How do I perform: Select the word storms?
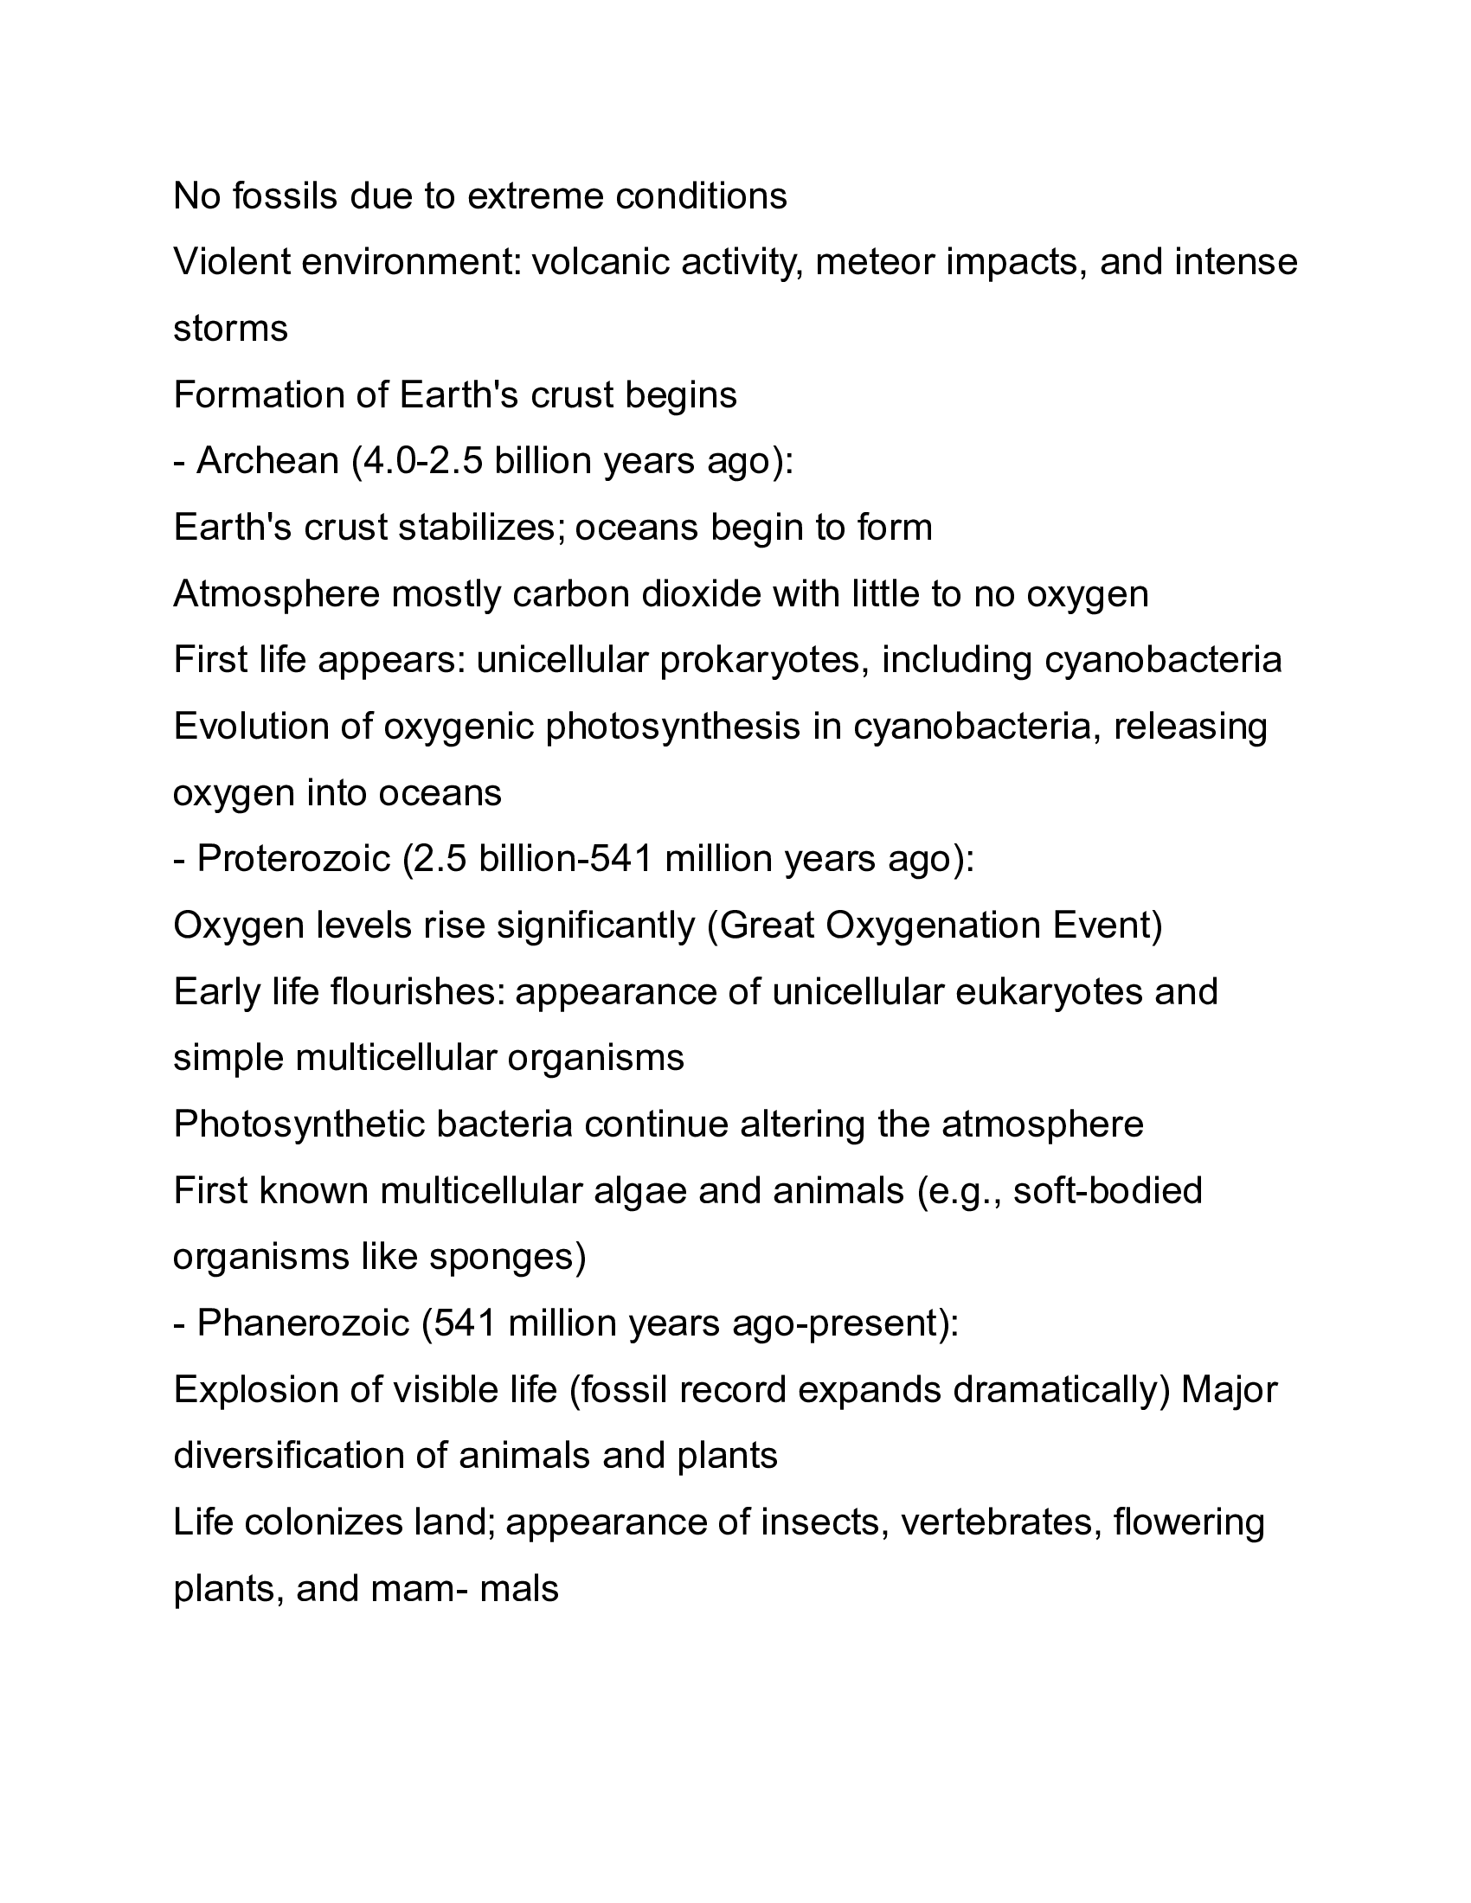tap(230, 330)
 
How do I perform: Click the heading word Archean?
tap(267, 461)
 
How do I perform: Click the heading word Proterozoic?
tap(292, 859)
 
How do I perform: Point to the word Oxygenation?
tap(933, 926)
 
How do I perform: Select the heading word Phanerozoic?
tap(302, 1323)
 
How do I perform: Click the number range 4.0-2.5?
tap(422, 461)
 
